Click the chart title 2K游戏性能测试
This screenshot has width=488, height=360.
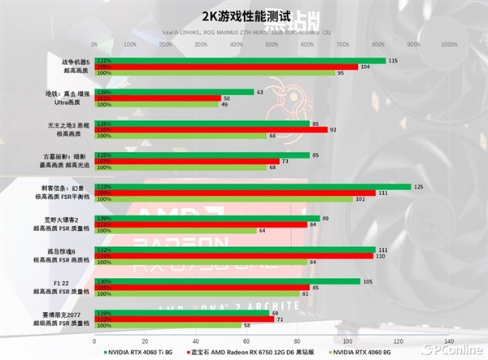(244, 14)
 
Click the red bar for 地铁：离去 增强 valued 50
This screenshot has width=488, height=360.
(158, 98)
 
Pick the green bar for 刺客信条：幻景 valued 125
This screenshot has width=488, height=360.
(252, 186)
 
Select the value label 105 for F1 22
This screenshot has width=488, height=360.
(368, 281)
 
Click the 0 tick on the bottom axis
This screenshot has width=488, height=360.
(95, 340)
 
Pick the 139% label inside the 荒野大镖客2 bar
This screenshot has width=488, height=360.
(103, 219)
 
